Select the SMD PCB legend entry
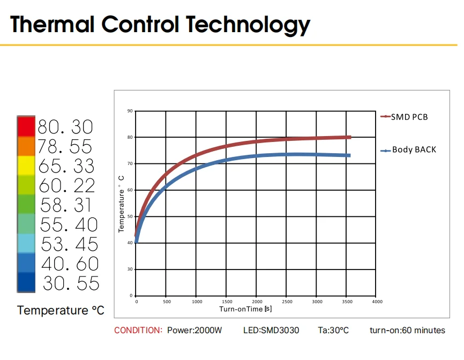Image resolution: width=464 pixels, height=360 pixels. tap(409, 117)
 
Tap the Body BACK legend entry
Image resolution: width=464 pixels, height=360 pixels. tap(414, 149)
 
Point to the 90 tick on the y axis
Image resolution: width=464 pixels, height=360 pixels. tap(130, 111)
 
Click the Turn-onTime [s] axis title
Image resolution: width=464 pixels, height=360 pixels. tap(245, 309)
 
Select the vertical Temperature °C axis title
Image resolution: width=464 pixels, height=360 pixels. tap(122, 204)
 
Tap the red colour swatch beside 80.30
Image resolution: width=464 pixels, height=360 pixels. tap(26, 126)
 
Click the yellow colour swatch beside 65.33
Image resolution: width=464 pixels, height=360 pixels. tap(26, 166)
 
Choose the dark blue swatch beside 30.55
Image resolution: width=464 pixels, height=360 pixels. tap(26, 283)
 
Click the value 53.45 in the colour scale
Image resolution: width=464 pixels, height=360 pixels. tap(70, 244)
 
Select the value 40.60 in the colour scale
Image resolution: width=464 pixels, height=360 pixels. tap(70, 264)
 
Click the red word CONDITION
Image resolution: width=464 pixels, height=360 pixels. tap(138, 330)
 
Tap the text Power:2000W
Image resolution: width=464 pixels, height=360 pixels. tap(194, 330)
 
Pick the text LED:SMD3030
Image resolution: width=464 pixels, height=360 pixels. tap(272, 330)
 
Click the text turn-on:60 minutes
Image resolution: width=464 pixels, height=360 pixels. tap(407, 330)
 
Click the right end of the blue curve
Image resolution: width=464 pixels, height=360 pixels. tap(349, 155)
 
